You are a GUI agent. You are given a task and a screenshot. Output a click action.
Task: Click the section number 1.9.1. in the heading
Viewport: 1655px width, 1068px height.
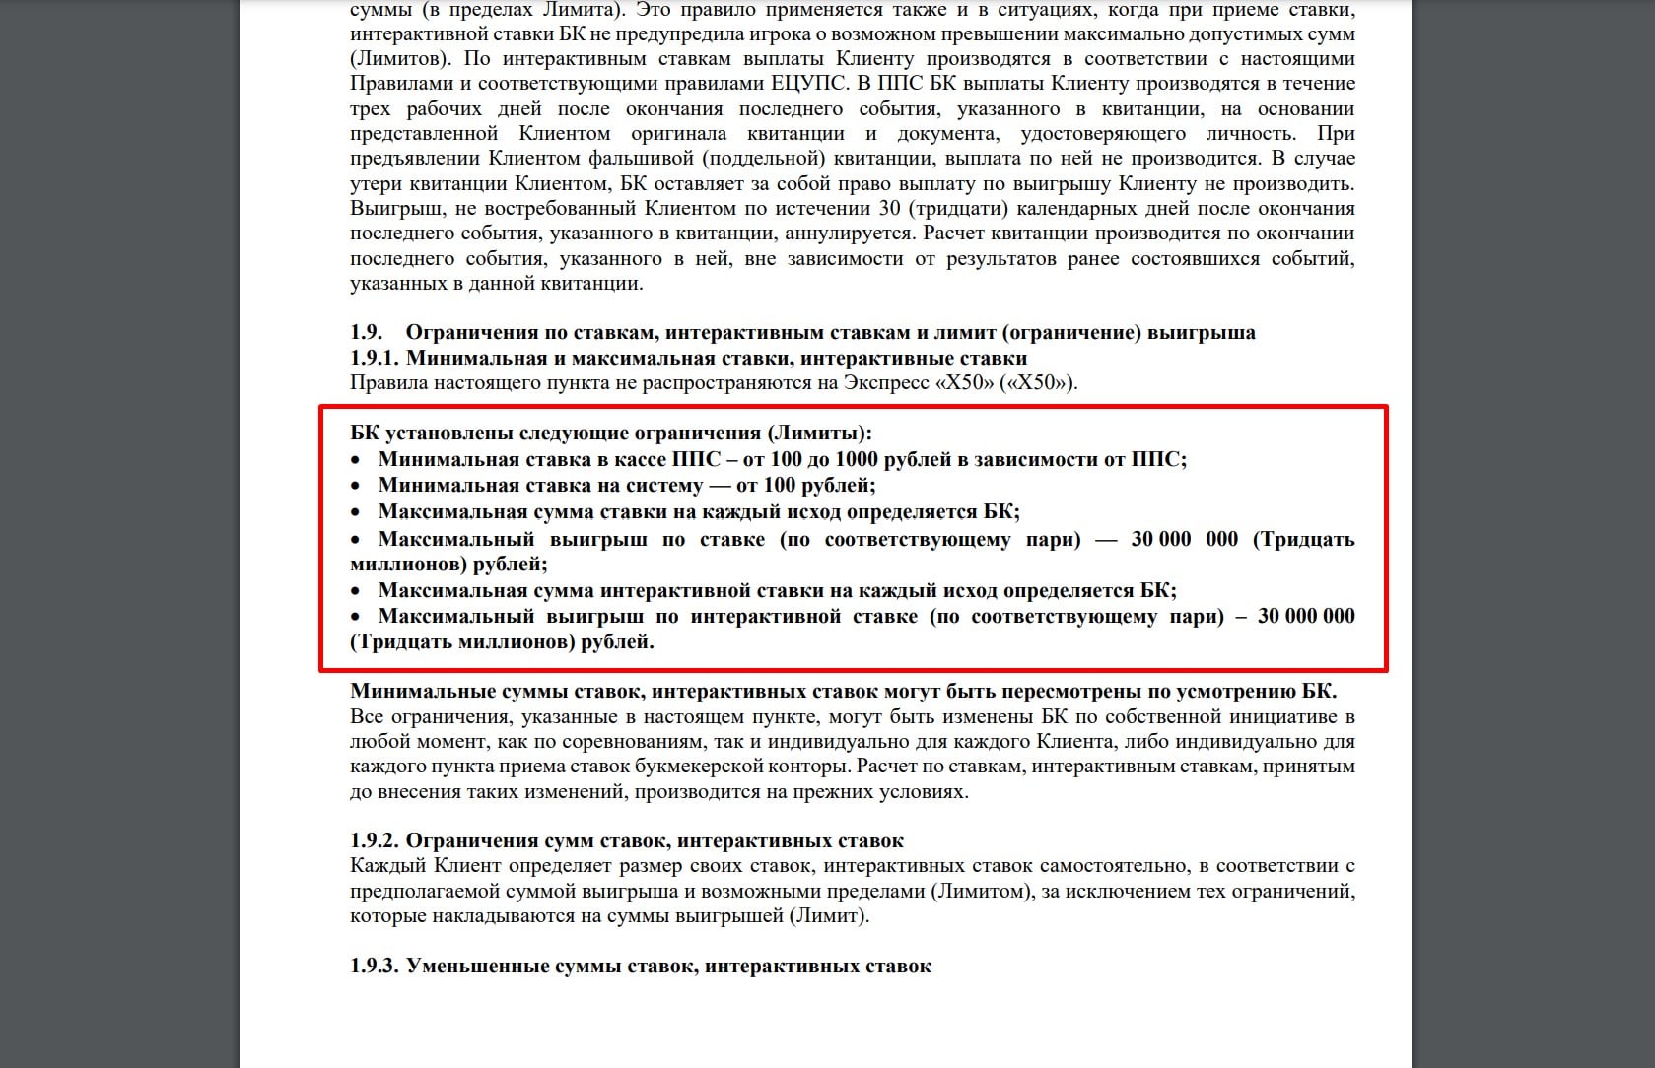[x=374, y=358]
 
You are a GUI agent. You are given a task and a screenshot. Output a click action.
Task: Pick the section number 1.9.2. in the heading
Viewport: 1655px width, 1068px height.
[x=374, y=840]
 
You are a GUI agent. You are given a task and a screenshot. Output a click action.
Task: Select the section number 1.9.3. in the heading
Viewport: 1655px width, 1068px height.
[x=374, y=966]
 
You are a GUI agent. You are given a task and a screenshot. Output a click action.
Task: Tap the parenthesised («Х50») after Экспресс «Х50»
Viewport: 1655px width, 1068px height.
[x=1038, y=382]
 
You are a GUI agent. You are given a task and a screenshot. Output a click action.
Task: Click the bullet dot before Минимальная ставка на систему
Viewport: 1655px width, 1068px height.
[x=357, y=486]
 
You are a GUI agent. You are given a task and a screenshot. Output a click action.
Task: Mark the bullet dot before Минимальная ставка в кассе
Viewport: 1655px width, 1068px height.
[x=357, y=460]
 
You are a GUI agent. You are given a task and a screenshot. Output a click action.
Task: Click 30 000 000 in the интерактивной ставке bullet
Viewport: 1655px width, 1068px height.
[x=1306, y=616]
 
